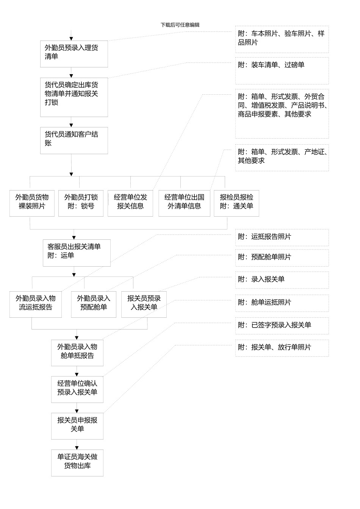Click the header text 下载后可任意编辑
click(x=180, y=25)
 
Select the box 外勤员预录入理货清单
click(x=74, y=54)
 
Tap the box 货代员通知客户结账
click(x=74, y=140)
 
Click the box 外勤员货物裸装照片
click(x=32, y=203)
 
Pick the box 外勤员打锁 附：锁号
click(x=81, y=203)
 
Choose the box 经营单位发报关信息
click(x=130, y=203)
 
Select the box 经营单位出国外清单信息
click(x=184, y=203)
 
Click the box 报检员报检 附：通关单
click(x=236, y=203)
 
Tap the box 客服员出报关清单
click(x=77, y=253)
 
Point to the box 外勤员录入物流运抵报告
click(x=36, y=304)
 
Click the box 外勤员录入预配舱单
click(x=94, y=304)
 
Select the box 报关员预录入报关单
click(x=144, y=304)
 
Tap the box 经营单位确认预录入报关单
click(x=77, y=389)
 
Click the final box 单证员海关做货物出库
click(x=77, y=463)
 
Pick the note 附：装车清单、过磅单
click(x=282, y=70)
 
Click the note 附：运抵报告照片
click(x=282, y=237)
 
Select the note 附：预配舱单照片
click(x=282, y=258)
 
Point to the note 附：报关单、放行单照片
click(x=282, y=348)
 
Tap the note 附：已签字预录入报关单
click(x=282, y=326)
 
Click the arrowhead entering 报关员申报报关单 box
click(x=77, y=411)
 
